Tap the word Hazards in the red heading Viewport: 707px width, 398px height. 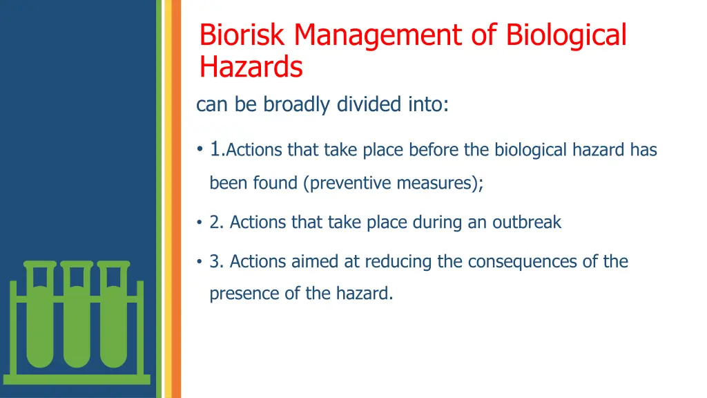251,68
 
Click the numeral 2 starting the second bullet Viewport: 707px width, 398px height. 214,222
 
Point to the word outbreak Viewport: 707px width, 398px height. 526,222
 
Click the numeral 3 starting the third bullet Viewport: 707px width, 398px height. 214,262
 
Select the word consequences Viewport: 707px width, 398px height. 527,262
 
